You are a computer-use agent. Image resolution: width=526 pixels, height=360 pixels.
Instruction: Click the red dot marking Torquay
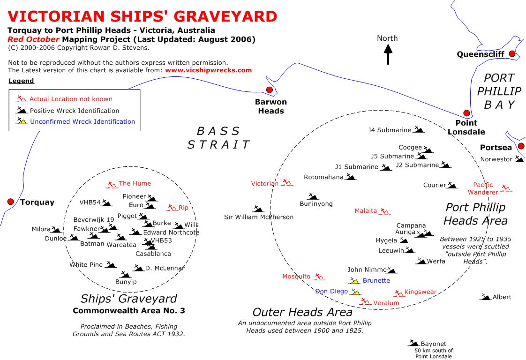(10, 202)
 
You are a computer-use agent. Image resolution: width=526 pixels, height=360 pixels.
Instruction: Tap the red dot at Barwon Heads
(270, 90)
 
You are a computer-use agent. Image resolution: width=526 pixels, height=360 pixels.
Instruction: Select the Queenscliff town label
(481, 54)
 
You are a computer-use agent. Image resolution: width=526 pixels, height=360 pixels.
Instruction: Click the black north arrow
(388, 54)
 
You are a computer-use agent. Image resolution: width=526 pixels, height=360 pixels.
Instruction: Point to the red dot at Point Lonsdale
(466, 112)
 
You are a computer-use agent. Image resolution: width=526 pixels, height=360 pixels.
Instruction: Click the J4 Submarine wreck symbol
(418, 129)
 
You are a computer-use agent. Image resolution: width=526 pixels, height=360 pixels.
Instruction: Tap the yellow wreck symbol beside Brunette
(354, 280)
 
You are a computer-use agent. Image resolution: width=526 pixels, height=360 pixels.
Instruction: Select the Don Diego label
(331, 291)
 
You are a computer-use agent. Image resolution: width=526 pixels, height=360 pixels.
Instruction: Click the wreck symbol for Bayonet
(413, 343)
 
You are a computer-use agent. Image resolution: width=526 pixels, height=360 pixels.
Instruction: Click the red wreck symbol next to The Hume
(112, 185)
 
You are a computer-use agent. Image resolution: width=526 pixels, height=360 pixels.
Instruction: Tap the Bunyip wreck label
(126, 282)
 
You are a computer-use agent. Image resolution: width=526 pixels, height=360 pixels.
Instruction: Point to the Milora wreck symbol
(56, 230)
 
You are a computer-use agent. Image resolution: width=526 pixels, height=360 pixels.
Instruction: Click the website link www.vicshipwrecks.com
(208, 70)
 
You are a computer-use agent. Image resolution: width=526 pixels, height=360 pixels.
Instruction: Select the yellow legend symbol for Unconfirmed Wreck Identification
(22, 121)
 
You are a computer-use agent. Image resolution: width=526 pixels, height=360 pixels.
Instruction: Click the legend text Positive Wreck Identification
(75, 111)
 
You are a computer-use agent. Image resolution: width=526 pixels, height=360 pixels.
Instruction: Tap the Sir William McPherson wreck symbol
(258, 209)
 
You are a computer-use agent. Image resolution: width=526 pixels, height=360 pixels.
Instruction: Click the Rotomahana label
(324, 177)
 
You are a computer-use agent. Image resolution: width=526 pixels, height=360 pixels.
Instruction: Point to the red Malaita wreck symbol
(384, 211)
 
